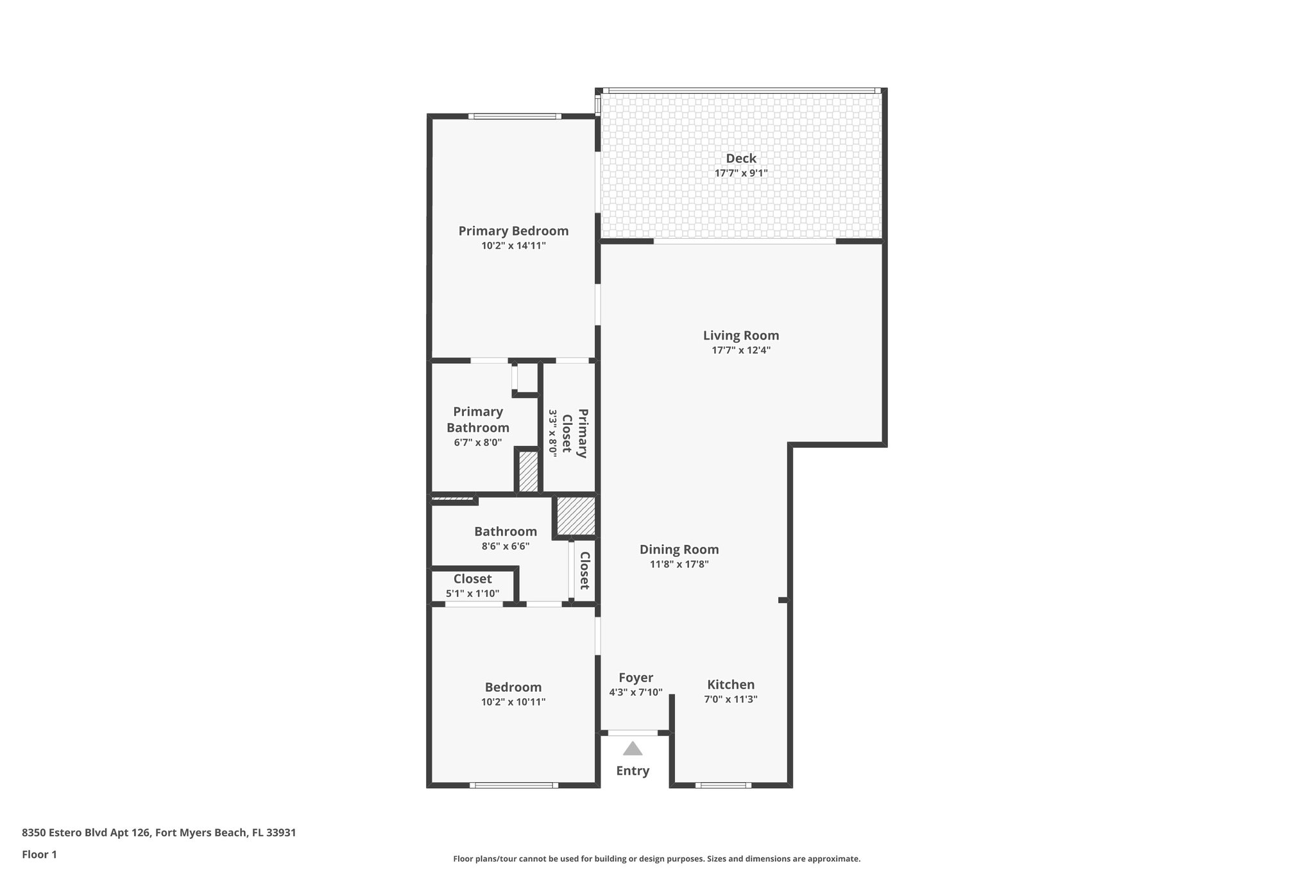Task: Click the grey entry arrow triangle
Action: (633, 748)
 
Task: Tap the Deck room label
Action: (741, 159)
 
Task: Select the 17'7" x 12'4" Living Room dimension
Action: (741, 350)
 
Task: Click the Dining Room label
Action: (679, 549)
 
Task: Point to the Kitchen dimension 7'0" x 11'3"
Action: (731, 700)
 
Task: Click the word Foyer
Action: (636, 678)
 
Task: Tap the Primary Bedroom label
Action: (513, 231)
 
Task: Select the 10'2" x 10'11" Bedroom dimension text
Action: (513, 702)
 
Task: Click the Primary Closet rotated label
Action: (575, 433)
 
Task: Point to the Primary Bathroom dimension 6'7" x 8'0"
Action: (478, 442)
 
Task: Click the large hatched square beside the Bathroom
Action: (576, 516)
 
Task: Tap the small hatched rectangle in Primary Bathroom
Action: (528, 472)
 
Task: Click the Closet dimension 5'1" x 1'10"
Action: (472, 594)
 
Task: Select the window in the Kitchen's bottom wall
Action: (723, 785)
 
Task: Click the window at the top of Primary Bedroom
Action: (515, 116)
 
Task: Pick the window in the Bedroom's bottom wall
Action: (513, 785)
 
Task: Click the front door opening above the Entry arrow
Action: (633, 732)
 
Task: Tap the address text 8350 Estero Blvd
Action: (158, 832)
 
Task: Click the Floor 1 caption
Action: (40, 854)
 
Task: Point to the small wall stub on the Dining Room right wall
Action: (783, 600)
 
